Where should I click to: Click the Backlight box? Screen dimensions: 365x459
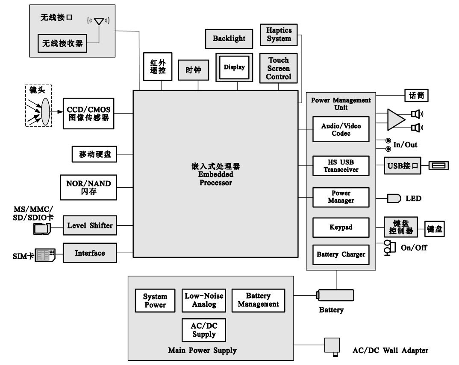229,39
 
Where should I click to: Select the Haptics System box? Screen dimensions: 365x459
279,35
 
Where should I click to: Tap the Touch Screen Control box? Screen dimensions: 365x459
279,69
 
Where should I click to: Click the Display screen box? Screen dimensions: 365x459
234,67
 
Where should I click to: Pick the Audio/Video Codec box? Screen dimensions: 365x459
341,129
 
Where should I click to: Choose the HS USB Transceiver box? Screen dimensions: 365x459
341,166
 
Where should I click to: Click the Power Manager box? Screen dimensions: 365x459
341,197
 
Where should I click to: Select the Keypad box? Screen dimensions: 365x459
341,227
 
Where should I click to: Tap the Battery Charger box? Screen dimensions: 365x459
341,254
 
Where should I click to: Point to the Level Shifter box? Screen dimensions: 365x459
90,226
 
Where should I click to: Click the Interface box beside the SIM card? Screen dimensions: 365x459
90,253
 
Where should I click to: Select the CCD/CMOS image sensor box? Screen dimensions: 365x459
88,114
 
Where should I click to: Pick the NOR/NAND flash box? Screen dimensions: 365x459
88,188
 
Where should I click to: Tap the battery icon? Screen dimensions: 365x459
335,295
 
